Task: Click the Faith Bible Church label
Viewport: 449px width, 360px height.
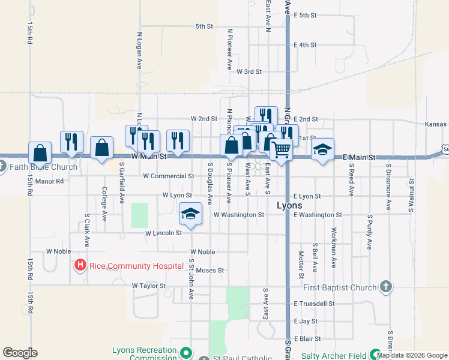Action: click(43, 167)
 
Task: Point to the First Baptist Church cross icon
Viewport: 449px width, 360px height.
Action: click(385, 287)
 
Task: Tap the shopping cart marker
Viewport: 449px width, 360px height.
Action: click(282, 149)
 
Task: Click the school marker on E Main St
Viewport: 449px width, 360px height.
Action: click(322, 149)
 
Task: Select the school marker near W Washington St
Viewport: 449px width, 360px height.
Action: click(190, 214)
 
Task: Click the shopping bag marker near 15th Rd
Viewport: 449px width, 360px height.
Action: click(40, 153)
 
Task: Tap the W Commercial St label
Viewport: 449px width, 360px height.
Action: click(169, 176)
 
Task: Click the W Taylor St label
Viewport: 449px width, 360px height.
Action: click(148, 286)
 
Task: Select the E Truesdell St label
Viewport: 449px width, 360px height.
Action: click(314, 304)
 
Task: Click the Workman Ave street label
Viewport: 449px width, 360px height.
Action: click(333, 247)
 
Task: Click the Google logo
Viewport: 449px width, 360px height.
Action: click(20, 353)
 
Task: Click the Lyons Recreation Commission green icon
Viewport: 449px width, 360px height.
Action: click(186, 352)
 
